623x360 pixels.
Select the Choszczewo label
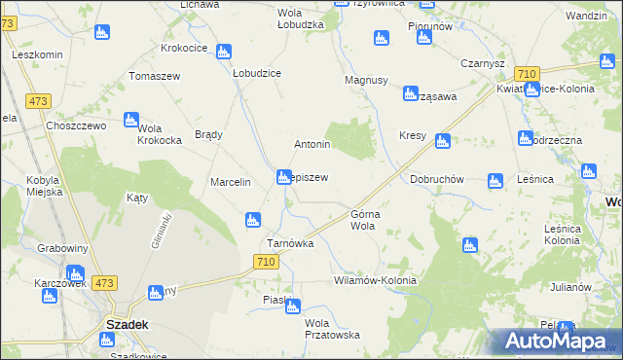(74, 126)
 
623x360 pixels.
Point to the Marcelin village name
(232, 182)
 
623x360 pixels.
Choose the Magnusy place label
(367, 81)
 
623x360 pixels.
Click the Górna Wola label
(363, 219)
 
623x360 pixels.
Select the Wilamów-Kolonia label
(375, 280)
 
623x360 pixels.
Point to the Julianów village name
(569, 287)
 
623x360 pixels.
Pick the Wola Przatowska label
(332, 329)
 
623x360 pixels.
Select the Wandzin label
(586, 17)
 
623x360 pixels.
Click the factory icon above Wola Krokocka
(131, 120)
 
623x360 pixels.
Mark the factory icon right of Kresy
(443, 141)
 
